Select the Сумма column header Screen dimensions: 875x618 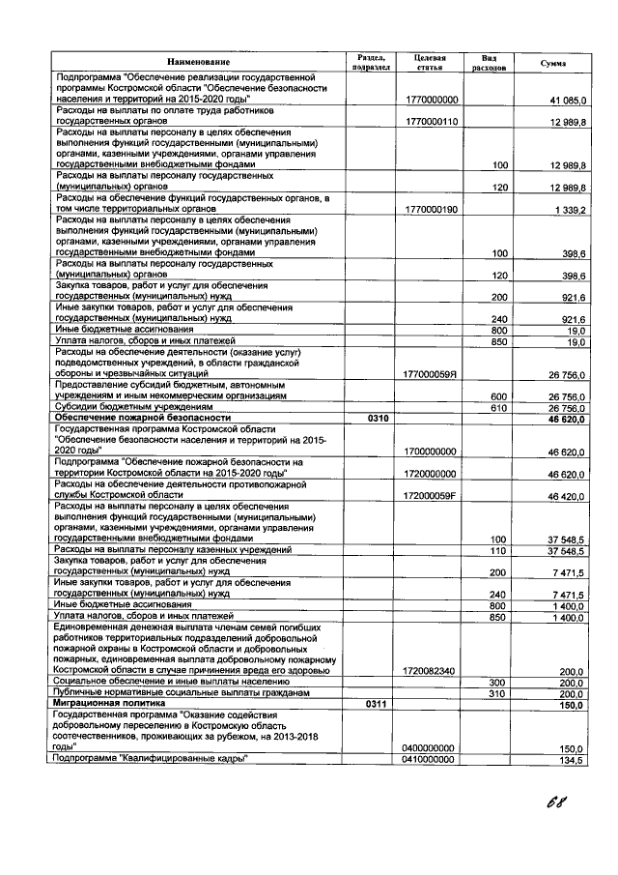(x=553, y=63)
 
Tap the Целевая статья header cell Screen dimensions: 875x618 (x=429, y=63)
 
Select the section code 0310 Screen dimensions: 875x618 (x=378, y=418)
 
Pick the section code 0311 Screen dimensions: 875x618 (x=378, y=705)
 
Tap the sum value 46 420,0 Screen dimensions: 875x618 (x=568, y=495)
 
